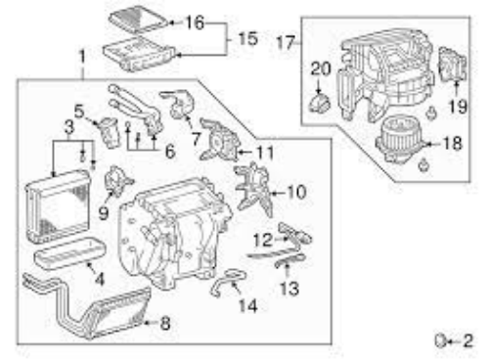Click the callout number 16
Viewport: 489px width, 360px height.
coord(195,23)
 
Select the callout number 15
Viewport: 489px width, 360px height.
coord(248,39)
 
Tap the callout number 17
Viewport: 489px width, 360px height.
coord(286,43)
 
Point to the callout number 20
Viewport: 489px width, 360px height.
coord(321,68)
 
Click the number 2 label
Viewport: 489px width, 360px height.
coord(467,340)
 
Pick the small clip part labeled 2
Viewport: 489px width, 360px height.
coord(440,340)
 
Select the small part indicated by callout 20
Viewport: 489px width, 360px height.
coord(320,103)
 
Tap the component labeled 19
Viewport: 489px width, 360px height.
coord(453,65)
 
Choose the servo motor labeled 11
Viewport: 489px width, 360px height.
coord(219,141)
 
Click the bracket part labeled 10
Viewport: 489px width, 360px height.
coord(254,188)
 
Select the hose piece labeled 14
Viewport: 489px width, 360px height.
coord(228,281)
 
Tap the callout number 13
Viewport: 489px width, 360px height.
coord(289,289)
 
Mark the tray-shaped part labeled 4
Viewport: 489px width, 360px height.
coord(69,253)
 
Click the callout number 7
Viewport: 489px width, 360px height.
coord(196,139)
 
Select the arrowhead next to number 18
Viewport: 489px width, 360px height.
coord(429,144)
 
